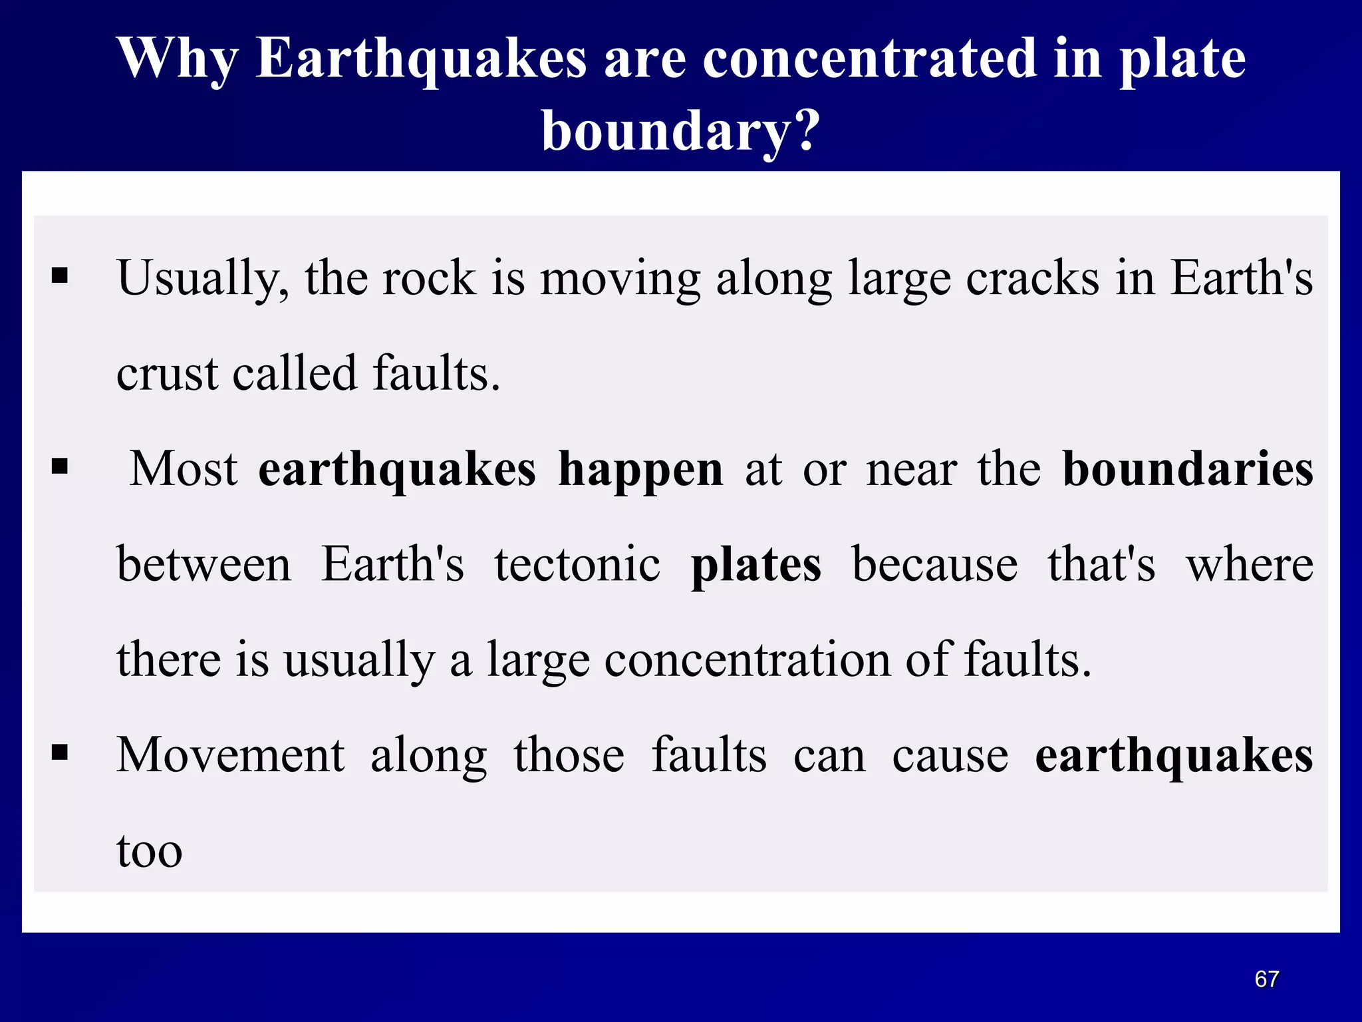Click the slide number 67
coord(1266,979)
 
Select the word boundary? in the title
coord(681,131)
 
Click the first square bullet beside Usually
coord(60,275)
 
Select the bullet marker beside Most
coord(60,466)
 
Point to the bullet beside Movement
coord(60,753)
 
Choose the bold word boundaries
coord(1188,469)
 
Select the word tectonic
coord(577,564)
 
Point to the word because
coord(934,564)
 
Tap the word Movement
coord(230,755)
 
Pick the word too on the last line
coord(149,851)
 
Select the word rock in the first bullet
coord(429,278)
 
